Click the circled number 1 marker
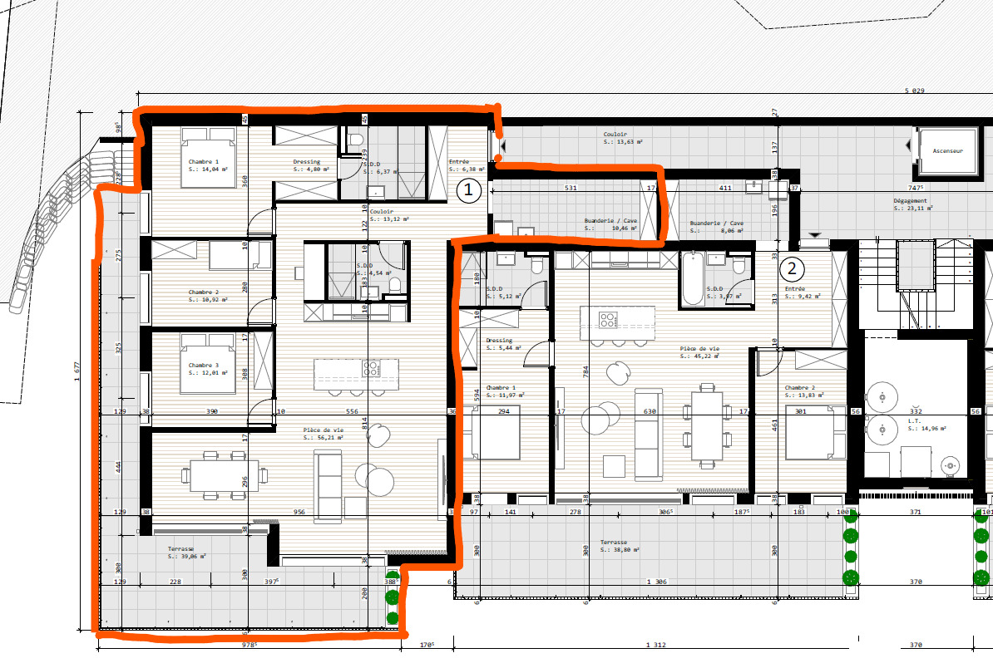pyautogui.click(x=468, y=191)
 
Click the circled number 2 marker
pyautogui.click(x=792, y=268)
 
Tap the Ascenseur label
pyautogui.click(x=947, y=151)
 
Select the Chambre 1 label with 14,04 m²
pyautogui.click(x=204, y=165)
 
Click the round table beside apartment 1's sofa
pyautogui.click(x=375, y=477)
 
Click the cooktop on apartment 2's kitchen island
pyautogui.click(x=608, y=318)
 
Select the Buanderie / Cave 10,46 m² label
pyautogui.click(x=610, y=224)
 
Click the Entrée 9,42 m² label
pyautogui.click(x=798, y=292)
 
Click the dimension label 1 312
pyautogui.click(x=655, y=644)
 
